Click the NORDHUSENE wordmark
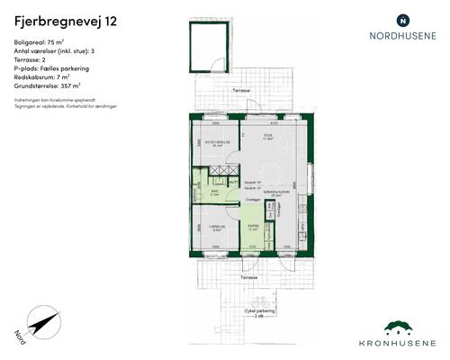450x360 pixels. pyautogui.click(x=403, y=37)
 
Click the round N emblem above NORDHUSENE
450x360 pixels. pyautogui.click(x=403, y=19)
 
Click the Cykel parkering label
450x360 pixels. pyautogui.click(x=258, y=311)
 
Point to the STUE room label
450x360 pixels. pyautogui.click(x=266, y=136)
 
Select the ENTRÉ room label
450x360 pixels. pyautogui.click(x=254, y=226)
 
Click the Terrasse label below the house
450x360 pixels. pyautogui.click(x=247, y=278)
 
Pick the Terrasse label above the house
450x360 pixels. pyautogui.click(x=241, y=91)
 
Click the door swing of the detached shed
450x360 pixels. pyautogui.click(x=214, y=64)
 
